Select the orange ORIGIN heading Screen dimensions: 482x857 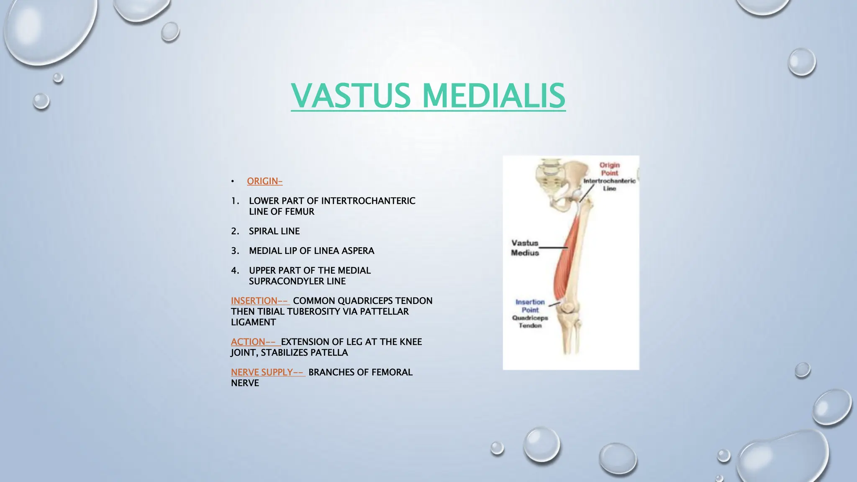tap(264, 181)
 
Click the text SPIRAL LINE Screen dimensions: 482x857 tap(274, 231)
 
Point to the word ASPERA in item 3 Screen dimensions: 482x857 tap(358, 251)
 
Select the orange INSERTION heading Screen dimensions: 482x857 tap(259, 301)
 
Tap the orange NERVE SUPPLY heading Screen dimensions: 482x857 tap(267, 372)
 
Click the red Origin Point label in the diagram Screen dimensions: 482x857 tap(609, 169)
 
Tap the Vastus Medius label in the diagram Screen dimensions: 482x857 tap(525, 248)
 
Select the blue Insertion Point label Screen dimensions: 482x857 tap(530, 306)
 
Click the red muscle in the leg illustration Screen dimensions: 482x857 tap(565, 259)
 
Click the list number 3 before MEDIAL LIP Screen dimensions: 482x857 tap(235, 251)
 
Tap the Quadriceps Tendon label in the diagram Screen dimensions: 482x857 tap(530, 322)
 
